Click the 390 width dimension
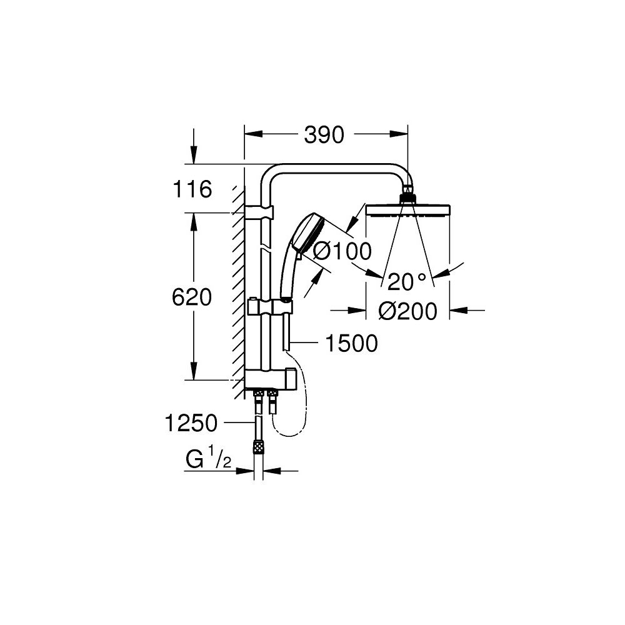(x=324, y=134)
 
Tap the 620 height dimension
(x=192, y=297)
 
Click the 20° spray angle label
(x=409, y=282)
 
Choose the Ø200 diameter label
(x=408, y=311)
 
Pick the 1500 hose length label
(x=352, y=343)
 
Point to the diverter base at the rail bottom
(x=269, y=377)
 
